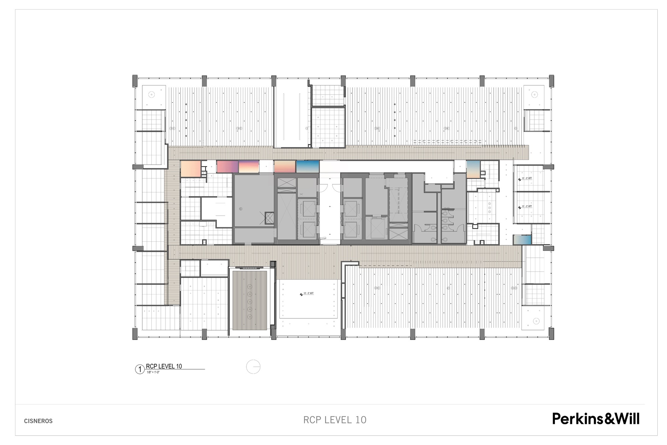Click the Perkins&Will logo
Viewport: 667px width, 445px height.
[x=596, y=419]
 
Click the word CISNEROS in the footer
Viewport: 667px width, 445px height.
[x=38, y=421]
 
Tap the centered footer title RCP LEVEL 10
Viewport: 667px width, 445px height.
[x=335, y=420]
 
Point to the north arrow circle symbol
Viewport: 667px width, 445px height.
[x=253, y=367]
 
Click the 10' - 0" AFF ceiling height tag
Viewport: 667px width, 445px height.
[x=307, y=294]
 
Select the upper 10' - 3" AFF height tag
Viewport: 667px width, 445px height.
[x=525, y=179]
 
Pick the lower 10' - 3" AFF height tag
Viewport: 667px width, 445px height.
[x=525, y=207]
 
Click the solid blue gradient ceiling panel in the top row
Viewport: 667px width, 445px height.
[x=308, y=167]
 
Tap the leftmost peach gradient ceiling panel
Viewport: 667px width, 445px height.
[x=190, y=169]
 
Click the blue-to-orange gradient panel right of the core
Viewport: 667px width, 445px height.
[x=473, y=169]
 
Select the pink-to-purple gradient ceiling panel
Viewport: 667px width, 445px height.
[x=227, y=167]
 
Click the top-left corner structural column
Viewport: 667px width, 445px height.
[x=135, y=81]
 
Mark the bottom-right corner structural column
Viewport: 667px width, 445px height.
[x=551, y=333]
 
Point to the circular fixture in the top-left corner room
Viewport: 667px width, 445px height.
[x=152, y=94]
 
